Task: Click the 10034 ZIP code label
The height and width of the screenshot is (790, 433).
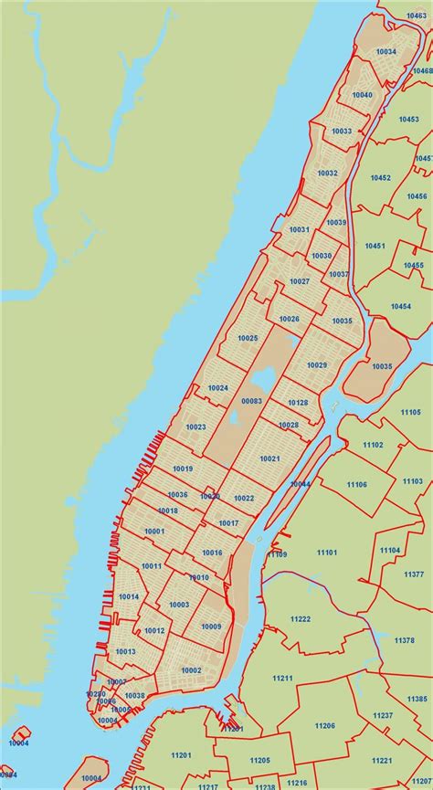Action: coord(385,52)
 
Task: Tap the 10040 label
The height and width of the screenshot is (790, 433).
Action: coord(363,95)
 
